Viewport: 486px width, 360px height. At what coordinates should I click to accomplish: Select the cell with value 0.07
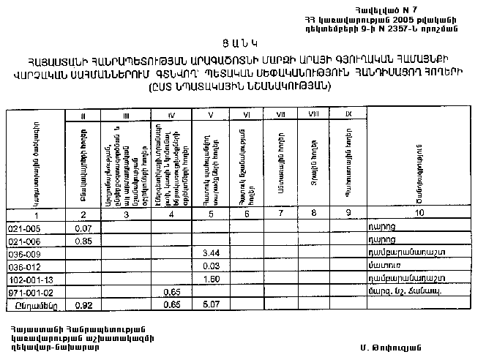pos(83,228)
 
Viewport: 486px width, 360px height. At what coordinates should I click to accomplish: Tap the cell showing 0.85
pos(83,240)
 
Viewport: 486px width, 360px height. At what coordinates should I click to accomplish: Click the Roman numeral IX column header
pos(348,113)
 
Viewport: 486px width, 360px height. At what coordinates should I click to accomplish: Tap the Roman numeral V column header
pos(210,114)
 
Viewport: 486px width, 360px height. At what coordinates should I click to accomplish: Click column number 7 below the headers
pos(280,215)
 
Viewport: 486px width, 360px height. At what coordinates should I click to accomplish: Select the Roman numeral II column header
pos(84,114)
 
